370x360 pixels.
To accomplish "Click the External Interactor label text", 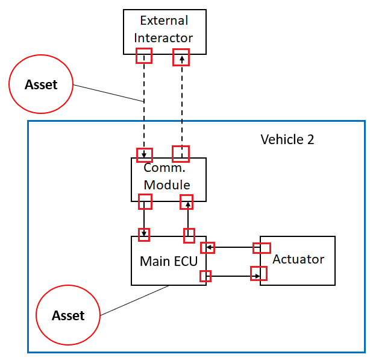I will [164, 29].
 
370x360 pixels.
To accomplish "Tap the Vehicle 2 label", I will [287, 139].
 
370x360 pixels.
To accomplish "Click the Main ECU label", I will [168, 261].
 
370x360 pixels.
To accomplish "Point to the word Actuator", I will [298, 259].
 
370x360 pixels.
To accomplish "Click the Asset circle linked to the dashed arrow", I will [41, 84].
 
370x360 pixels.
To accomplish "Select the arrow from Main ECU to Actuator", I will [232, 276].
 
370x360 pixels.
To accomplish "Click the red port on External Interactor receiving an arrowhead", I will [181, 58].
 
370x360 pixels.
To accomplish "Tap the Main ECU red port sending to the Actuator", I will [205, 276].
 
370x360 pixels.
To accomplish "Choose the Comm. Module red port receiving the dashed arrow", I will [144, 154].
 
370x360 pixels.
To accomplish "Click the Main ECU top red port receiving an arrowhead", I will [144, 234].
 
